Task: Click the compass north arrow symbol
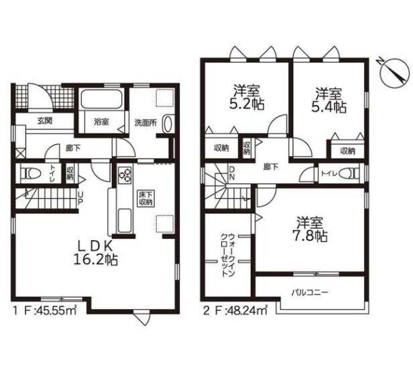394,72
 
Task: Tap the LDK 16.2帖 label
95,253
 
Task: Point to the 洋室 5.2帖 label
247,98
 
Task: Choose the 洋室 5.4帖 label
329,100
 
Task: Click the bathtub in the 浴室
101,99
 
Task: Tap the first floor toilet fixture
29,173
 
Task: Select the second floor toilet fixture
349,173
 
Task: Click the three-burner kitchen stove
125,174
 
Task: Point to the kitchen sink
124,221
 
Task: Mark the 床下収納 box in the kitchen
147,199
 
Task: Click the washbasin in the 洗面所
168,123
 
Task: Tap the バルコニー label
310,292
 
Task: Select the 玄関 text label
44,120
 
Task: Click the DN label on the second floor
231,173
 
